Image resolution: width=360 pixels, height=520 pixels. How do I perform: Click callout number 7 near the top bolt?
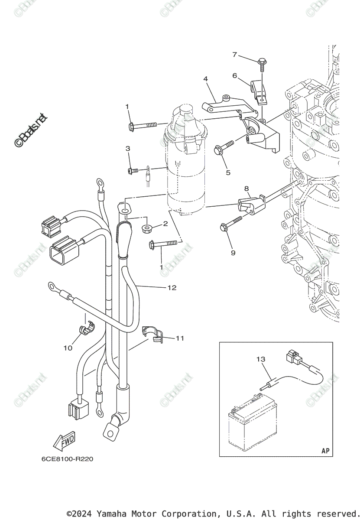tap(235, 55)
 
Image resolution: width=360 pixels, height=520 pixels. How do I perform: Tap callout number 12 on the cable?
tap(172, 288)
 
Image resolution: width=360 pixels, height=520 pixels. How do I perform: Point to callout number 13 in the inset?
tap(260, 359)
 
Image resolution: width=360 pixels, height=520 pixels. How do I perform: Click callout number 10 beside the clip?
tap(68, 348)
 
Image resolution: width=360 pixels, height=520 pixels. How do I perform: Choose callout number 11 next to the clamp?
tap(180, 338)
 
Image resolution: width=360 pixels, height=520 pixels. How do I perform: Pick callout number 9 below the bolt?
tap(233, 252)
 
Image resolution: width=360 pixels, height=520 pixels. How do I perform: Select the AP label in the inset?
tap(325, 451)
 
